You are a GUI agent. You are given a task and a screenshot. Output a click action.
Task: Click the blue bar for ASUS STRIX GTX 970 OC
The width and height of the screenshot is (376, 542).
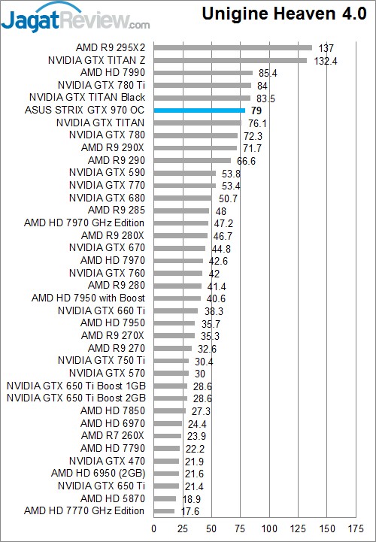pos(199,111)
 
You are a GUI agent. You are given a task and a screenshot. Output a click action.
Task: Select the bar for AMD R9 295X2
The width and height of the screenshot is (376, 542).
pos(233,47)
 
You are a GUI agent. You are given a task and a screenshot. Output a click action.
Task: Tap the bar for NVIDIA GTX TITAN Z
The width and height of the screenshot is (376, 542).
pos(230,60)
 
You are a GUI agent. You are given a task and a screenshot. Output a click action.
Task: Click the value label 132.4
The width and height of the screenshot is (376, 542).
pos(326,61)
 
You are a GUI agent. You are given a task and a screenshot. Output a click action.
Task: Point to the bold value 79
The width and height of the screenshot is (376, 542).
pos(256,111)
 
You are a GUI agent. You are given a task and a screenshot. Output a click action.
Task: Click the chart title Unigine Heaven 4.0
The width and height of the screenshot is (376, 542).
pos(284,14)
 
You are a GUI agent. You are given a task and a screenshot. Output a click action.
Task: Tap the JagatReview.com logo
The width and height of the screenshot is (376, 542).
pos(75,20)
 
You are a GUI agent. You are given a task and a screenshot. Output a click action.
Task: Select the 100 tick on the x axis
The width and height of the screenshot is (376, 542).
pos(268,528)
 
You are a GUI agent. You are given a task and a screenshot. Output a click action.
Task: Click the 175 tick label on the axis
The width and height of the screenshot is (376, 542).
pos(356,528)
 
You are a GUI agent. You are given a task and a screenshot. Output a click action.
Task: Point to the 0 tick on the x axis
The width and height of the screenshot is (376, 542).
pos(154,528)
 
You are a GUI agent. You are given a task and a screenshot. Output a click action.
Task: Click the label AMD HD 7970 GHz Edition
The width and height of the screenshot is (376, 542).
pos(84,223)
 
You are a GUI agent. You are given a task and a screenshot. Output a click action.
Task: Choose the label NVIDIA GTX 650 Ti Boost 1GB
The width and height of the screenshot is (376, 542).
pos(76,386)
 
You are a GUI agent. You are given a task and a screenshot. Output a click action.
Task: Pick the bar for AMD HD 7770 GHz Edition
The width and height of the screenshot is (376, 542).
pos(164,511)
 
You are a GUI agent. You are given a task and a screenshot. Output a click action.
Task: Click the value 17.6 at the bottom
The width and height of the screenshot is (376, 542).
pos(190,512)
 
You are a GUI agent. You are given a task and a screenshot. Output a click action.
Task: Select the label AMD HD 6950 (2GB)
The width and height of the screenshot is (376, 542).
pos(99,473)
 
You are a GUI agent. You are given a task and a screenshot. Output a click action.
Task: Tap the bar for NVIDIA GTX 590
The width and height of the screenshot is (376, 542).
pos(185,173)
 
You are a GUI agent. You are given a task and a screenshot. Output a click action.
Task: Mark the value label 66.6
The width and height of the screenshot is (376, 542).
pos(247,161)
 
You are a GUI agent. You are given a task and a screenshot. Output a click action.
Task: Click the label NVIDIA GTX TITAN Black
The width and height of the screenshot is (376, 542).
pos(87,98)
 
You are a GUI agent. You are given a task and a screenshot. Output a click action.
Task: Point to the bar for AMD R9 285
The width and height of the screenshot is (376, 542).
pos(181,210)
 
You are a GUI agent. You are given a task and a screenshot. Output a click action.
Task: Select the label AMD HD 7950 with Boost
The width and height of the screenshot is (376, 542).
pos(88,298)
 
